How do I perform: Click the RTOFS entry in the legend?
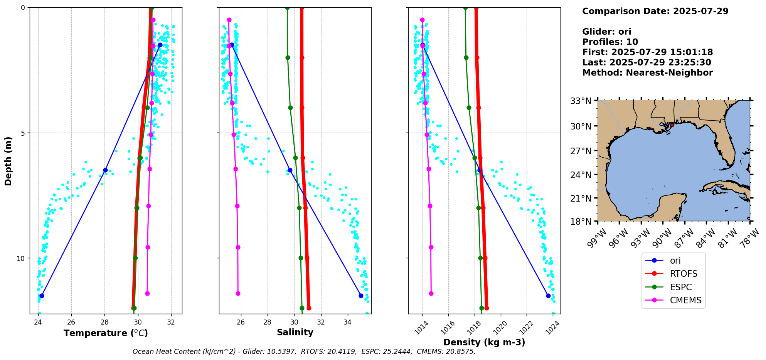[684, 274]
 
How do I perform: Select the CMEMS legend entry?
[685, 300]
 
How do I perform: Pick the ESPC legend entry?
[680, 287]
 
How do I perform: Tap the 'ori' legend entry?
[675, 261]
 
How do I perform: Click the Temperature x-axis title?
[106, 333]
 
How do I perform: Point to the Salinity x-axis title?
[295, 333]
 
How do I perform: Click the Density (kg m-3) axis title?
[484, 342]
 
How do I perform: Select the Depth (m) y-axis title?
[8, 161]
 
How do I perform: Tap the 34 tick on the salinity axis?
[347, 322]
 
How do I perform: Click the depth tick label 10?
[21, 258]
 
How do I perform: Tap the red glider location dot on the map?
[672, 125]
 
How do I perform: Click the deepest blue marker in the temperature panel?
[42, 296]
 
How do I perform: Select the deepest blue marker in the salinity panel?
[361, 296]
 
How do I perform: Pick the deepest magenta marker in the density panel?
[431, 293]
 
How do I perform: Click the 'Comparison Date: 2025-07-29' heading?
[655, 11]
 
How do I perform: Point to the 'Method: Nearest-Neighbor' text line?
[647, 73]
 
